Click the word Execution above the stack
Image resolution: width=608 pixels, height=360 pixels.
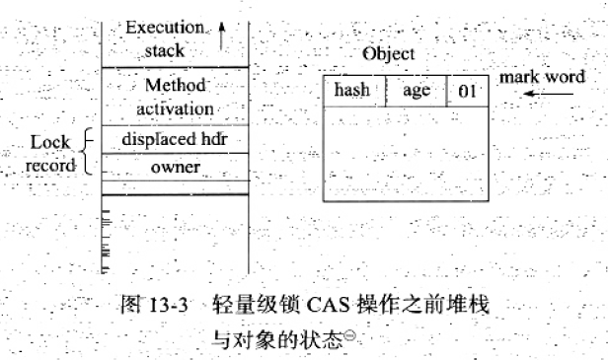point(165,28)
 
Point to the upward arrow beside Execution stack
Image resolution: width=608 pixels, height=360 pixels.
point(221,36)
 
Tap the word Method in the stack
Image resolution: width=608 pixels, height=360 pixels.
point(176,85)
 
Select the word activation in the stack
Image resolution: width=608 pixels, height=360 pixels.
point(175,108)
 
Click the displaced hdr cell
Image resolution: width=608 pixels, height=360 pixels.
point(175,139)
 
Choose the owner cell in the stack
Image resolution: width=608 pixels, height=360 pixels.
point(175,167)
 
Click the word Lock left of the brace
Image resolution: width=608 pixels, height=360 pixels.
point(50,142)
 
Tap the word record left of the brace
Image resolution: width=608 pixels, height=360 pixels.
point(50,166)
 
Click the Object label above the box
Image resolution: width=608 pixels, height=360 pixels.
point(389,54)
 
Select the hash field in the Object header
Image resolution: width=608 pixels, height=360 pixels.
point(354,91)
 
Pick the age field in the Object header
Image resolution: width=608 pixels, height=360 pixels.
point(417,91)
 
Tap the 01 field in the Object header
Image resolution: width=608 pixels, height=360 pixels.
point(468,91)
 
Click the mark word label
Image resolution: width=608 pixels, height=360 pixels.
point(542,77)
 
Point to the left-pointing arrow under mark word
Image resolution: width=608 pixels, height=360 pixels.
point(548,94)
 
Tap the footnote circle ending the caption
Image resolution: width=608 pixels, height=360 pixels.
point(349,334)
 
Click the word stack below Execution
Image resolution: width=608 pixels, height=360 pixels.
point(165,50)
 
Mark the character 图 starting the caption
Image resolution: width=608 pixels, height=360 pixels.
point(131,305)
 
